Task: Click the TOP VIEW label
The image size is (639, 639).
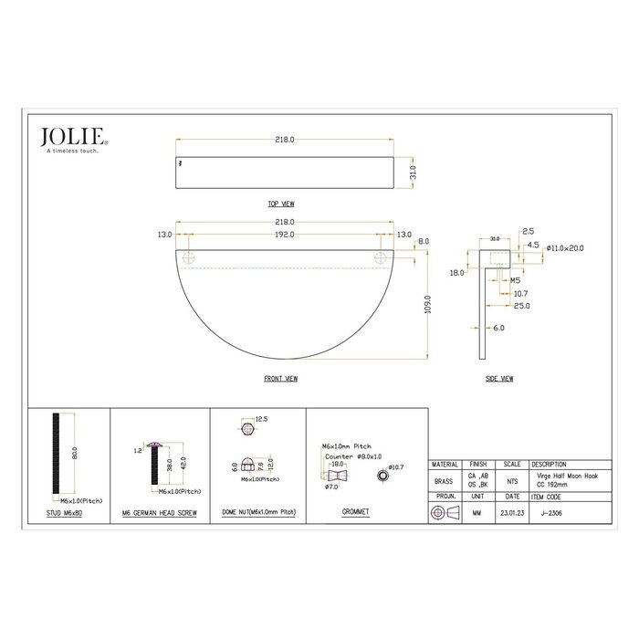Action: click(280, 204)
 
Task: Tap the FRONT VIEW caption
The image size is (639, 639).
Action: click(280, 377)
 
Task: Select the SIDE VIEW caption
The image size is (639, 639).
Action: click(499, 377)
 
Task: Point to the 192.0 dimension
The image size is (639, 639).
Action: click(284, 235)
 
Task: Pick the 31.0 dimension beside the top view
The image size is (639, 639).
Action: click(413, 171)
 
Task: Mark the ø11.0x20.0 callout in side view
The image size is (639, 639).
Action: click(566, 247)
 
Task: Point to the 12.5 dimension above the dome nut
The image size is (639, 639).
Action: click(261, 418)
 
